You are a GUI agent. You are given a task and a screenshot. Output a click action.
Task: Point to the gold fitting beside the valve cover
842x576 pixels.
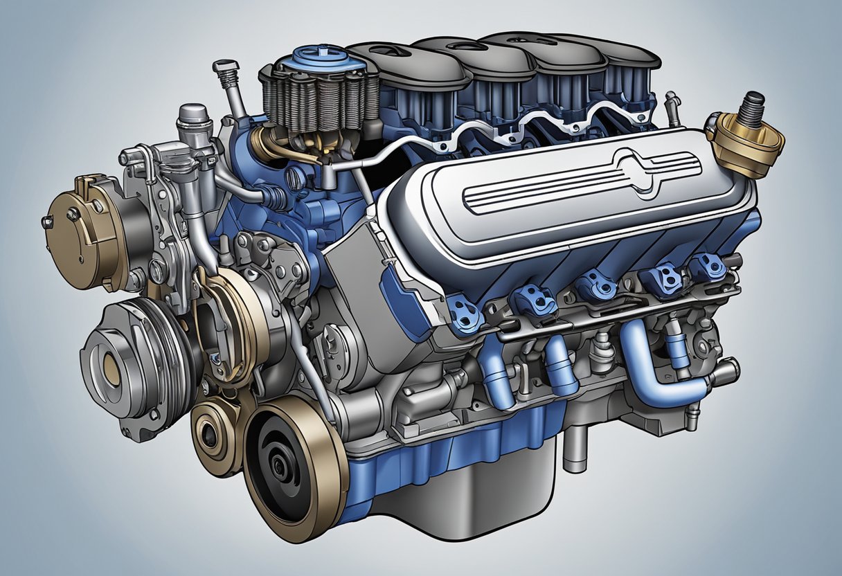pyautogui.click(x=744, y=143)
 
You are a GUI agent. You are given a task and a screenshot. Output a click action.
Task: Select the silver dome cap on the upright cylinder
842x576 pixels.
pyautogui.click(x=195, y=114)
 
